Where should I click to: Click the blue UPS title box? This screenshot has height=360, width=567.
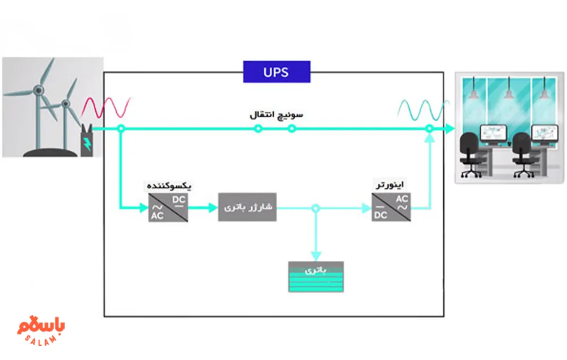pyautogui.click(x=277, y=72)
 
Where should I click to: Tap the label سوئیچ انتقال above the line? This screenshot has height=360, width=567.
pyautogui.click(x=276, y=115)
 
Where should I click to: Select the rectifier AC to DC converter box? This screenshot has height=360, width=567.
pyautogui.click(x=168, y=207)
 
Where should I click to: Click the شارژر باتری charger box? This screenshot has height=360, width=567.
pyautogui.click(x=247, y=207)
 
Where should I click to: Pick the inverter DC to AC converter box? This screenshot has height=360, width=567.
pyautogui.click(x=391, y=207)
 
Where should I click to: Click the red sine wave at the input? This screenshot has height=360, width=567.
pyautogui.click(x=108, y=107)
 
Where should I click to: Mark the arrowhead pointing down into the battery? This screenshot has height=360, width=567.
pyautogui.click(x=316, y=256)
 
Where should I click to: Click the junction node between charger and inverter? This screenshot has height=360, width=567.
pyautogui.click(x=316, y=209)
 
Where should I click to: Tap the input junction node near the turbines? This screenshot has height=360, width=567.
pyautogui.click(x=120, y=129)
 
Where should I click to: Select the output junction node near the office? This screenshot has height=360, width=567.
pyautogui.click(x=429, y=129)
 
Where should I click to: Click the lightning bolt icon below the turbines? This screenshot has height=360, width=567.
pyautogui.click(x=87, y=142)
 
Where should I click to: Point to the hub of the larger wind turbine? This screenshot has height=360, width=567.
pyautogui.click(x=38, y=90)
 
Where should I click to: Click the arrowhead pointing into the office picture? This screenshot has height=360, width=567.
pyautogui.click(x=450, y=129)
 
